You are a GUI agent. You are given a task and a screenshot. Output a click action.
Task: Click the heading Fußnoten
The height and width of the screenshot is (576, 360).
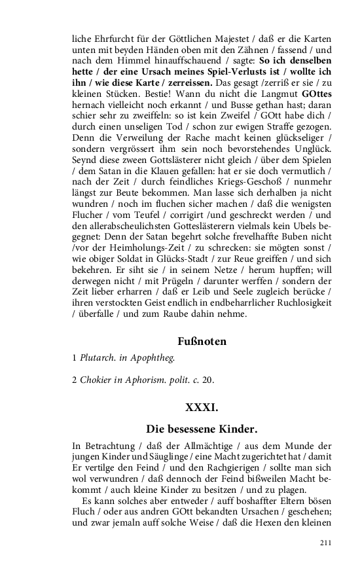point(202,342)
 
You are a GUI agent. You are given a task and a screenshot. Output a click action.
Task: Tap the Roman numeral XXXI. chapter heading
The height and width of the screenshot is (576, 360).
point(202,407)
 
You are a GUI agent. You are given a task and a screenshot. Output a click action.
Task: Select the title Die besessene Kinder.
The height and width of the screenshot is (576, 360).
point(202,429)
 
